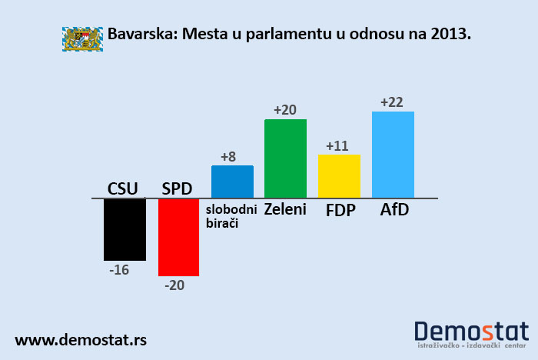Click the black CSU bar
point(125,229)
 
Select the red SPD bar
point(178,237)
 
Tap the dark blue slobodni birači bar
point(232,182)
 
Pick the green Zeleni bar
point(285,158)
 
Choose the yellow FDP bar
point(339,176)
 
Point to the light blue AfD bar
point(393,155)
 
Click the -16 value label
point(119,269)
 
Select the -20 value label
point(174,285)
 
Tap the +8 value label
point(228,157)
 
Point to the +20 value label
point(284,110)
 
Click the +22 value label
point(392,102)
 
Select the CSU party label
point(123,188)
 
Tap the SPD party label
point(177,188)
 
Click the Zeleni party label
point(285,209)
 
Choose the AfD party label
point(394,209)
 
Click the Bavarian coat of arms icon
point(82,37)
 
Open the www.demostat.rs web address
point(81,339)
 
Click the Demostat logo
point(471,335)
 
